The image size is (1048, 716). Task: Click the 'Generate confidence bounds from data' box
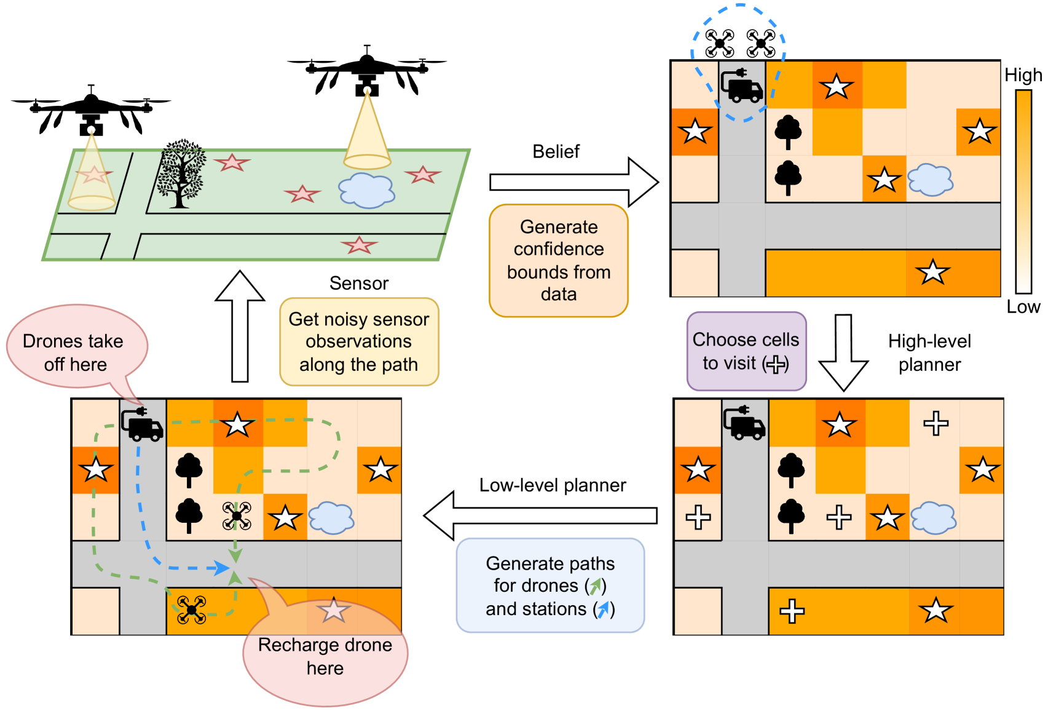click(558, 261)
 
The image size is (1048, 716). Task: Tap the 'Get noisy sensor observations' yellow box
click(359, 342)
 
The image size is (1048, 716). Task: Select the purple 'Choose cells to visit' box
click(746, 351)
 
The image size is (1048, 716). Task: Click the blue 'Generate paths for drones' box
click(550, 586)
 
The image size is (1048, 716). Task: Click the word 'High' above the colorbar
click(1023, 75)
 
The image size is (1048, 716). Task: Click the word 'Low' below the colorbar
click(1023, 307)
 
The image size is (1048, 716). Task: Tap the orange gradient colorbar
click(1023, 191)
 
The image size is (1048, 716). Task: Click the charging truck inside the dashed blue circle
click(741, 86)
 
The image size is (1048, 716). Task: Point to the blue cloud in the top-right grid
click(931, 180)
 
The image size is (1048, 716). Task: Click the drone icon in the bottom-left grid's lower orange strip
click(191, 610)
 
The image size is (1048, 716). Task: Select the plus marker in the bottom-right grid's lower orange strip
click(792, 611)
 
